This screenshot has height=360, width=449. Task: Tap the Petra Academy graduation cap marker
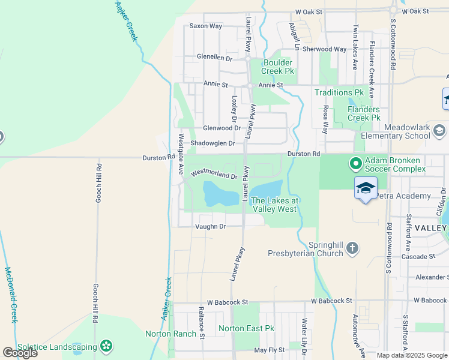[366, 188]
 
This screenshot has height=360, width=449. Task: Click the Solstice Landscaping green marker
[106, 346]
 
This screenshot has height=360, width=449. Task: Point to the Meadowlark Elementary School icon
[439, 130]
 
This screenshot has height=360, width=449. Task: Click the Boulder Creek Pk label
[277, 67]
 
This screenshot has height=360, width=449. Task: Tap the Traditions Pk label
[340, 93]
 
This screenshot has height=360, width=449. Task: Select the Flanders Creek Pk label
[364, 113]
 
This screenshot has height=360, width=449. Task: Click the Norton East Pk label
[246, 328]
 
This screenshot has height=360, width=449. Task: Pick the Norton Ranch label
[170, 334]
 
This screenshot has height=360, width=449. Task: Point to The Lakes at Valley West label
[274, 205]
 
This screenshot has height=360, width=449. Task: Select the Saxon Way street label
[206, 26]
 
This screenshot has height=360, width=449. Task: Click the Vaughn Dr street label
[210, 226]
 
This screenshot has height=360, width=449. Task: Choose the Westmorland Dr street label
[214, 175]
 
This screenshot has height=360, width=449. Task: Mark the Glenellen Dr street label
[214, 58]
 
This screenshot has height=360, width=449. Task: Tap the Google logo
[20, 353]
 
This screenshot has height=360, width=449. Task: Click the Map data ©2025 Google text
[412, 355]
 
